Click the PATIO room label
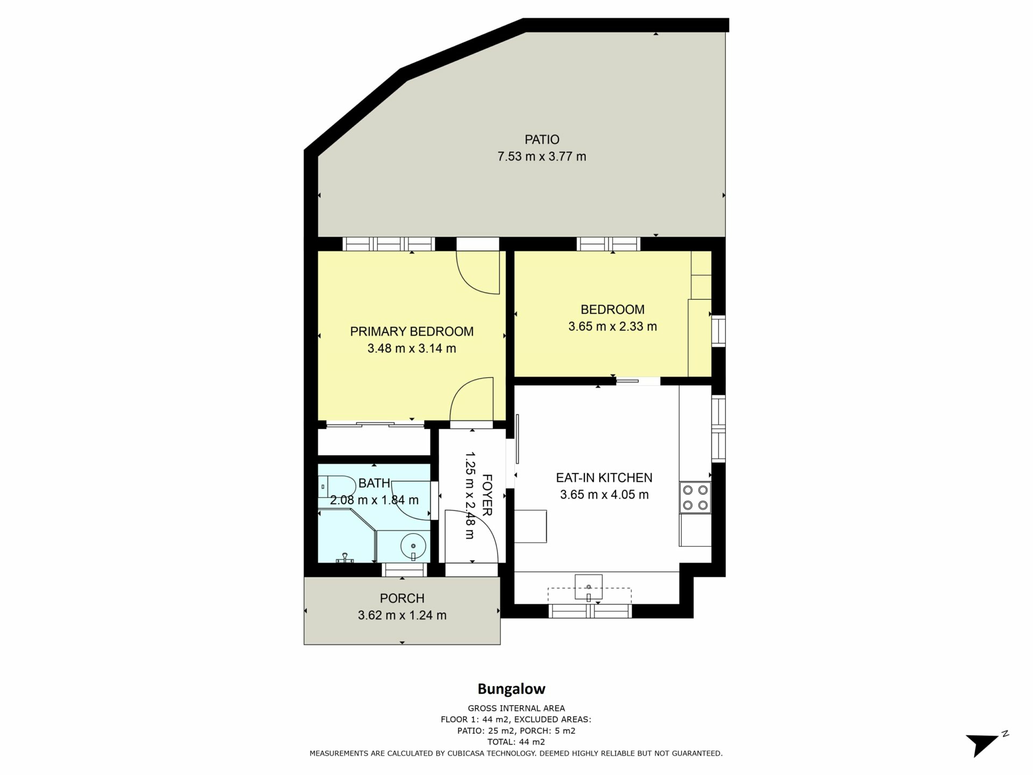[542, 139]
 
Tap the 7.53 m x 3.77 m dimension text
[542, 157]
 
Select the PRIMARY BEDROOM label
[412, 332]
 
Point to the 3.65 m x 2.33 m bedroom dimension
[612, 326]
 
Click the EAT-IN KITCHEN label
[604, 477]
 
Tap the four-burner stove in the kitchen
[695, 497]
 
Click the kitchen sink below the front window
[589, 587]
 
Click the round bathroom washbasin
[413, 547]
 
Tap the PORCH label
[402, 598]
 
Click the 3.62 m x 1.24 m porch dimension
[402, 615]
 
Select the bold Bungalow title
[512, 689]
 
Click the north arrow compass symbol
[986, 744]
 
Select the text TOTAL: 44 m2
[516, 742]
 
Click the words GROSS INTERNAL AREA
[516, 708]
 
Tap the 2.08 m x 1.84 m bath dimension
[374, 500]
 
